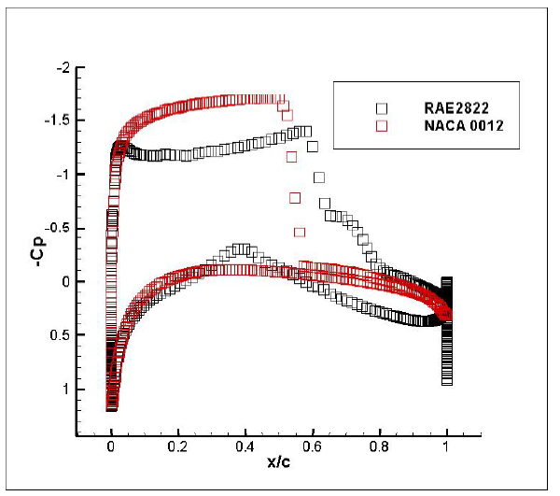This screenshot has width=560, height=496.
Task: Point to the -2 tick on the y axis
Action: (x=64, y=68)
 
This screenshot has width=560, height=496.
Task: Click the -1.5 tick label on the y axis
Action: (x=60, y=121)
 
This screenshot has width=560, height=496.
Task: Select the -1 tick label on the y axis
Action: (x=64, y=175)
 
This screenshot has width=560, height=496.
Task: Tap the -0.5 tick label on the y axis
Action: (x=60, y=229)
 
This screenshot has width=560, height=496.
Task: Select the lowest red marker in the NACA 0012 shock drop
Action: (x=300, y=232)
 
